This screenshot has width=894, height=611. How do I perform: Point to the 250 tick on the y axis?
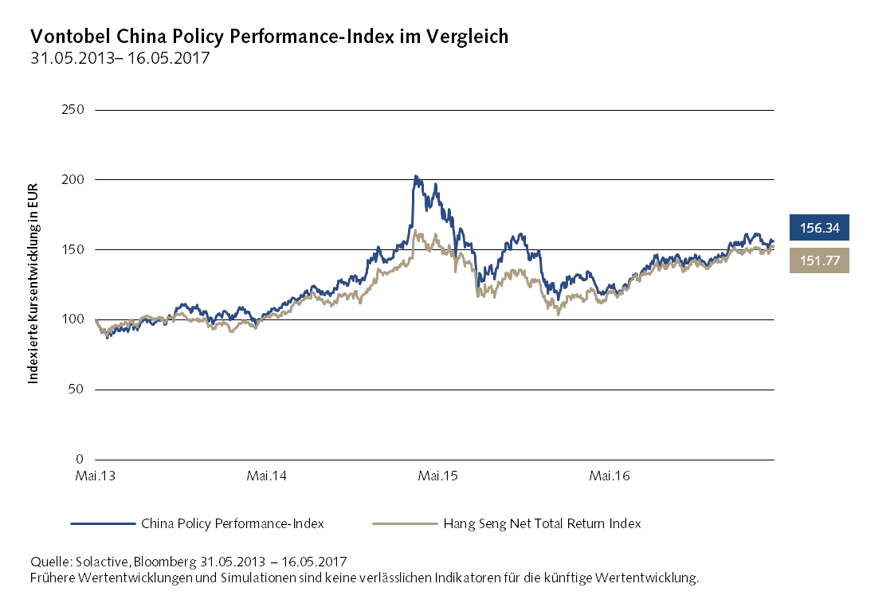tap(73, 110)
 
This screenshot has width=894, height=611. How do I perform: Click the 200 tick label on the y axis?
tap(73, 180)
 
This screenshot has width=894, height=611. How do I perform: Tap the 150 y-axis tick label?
tap(73, 250)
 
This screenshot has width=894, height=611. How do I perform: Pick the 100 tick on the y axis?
tap(73, 319)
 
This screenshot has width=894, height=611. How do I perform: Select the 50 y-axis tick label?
tap(76, 390)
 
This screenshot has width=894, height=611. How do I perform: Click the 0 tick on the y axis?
tap(80, 460)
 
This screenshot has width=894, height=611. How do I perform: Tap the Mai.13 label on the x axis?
tap(96, 476)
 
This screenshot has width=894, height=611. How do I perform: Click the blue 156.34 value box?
tap(819, 228)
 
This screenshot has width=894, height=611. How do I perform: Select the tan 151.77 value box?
tap(819, 260)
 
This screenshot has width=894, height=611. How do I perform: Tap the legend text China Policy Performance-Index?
tap(232, 524)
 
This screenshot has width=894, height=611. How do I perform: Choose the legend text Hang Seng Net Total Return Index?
tap(542, 524)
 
